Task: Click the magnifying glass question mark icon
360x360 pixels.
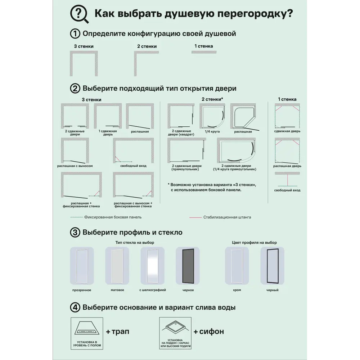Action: [79, 15]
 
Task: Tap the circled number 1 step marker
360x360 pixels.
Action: [75, 34]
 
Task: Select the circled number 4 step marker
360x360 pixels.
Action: [75, 307]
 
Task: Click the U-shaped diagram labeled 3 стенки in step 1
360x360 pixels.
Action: [84, 63]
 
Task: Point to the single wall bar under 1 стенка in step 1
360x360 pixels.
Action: [204, 52]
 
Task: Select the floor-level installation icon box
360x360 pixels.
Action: [87, 333]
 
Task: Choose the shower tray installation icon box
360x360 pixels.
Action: [175, 333]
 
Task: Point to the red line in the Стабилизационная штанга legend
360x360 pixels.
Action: [195, 217]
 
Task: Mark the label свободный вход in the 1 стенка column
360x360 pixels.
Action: [287, 190]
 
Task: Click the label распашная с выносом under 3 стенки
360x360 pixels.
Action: [75, 166]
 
